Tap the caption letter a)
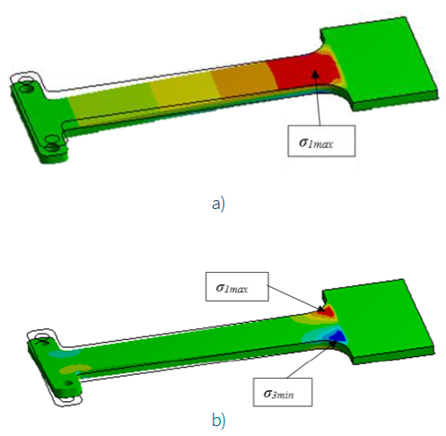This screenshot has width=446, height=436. [216, 203]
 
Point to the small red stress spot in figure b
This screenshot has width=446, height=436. [328, 310]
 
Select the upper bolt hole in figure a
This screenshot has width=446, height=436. [27, 91]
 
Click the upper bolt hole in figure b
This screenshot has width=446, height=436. [39, 341]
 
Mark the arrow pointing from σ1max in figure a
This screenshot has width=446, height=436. [318, 103]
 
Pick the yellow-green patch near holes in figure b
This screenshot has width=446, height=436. [72, 368]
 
